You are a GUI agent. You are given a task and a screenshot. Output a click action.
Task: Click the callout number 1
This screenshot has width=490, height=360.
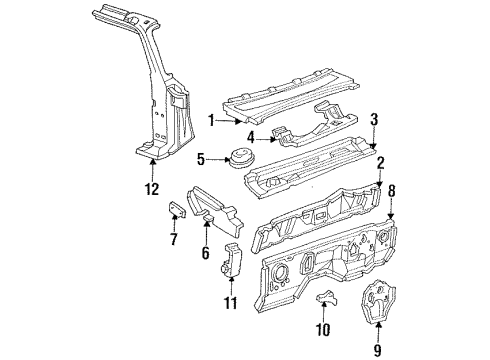(x=211, y=119)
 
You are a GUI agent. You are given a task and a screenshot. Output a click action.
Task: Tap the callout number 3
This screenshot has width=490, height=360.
(x=374, y=118)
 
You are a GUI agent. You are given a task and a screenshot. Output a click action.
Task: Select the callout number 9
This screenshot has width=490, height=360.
(x=376, y=323)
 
